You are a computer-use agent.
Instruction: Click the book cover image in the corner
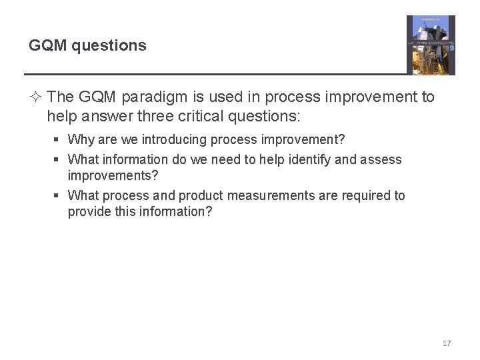pyautogui.click(x=431, y=45)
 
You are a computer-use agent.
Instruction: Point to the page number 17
pyautogui.click(x=447, y=343)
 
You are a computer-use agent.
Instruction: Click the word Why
pyautogui.click(x=81, y=140)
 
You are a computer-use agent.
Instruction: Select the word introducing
pyautogui.click(x=173, y=140)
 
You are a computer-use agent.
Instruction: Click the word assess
pyautogui.click(x=383, y=159)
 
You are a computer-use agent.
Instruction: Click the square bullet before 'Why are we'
pyautogui.click(x=58, y=141)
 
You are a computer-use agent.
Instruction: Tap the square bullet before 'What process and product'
pyautogui.click(x=58, y=196)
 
